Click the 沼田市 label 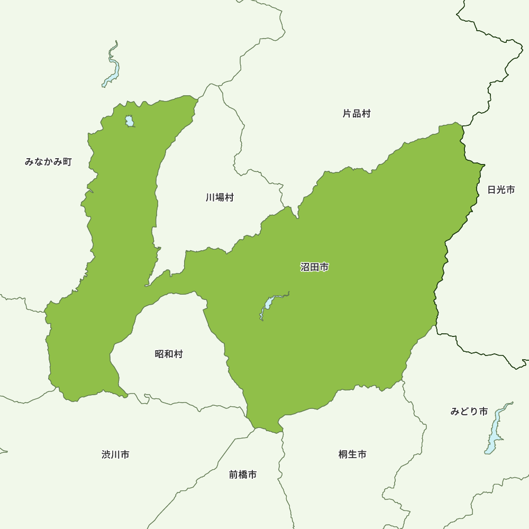tap(315, 268)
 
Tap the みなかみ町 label tap(48, 162)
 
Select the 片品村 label tap(357, 114)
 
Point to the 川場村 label tap(220, 198)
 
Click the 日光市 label tap(501, 189)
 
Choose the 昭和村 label tap(169, 354)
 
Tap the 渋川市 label tap(115, 454)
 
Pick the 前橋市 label tap(243, 475)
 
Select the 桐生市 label tap(352, 454)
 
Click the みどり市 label tap(469, 412)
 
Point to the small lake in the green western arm tap(130, 121)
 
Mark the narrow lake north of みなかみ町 tap(113, 66)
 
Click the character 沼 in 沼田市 tap(305, 268)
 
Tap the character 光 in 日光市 tap(501, 189)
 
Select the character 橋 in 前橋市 tap(243, 475)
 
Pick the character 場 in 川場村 tap(220, 198)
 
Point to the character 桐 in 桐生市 tap(343, 454)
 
